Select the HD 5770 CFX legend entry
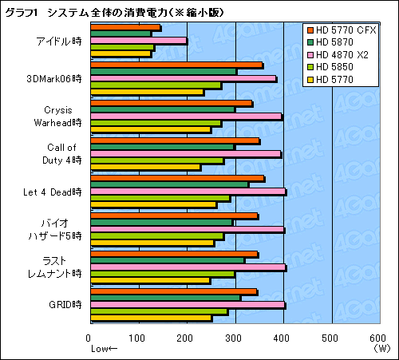(344, 31)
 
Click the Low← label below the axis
(104, 349)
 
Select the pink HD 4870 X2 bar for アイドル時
(139, 41)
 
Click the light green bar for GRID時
(160, 311)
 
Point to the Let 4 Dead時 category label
(53, 192)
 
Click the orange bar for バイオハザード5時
(175, 216)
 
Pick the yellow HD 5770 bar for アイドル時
(120, 54)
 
